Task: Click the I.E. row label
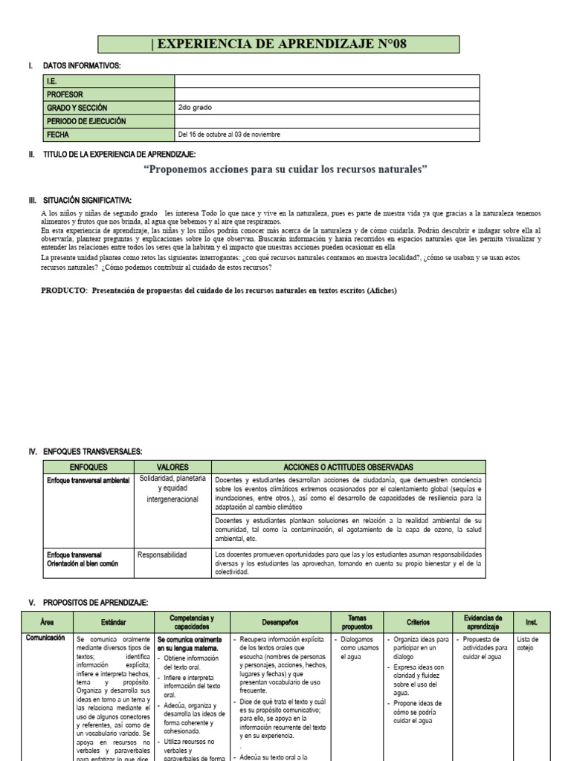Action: click(x=52, y=81)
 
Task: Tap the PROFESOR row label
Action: click(x=65, y=94)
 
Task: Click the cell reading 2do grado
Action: click(x=195, y=108)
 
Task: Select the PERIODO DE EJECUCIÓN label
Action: click(x=86, y=121)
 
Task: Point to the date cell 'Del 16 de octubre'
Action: click(x=229, y=135)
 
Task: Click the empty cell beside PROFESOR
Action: click(x=327, y=94)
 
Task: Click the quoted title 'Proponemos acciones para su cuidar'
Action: click(x=285, y=170)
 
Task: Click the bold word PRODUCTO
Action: click(x=64, y=291)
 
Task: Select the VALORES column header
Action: click(x=173, y=467)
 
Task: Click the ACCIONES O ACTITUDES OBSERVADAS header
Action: click(x=348, y=467)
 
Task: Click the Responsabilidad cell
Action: click(x=163, y=554)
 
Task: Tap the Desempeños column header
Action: click(x=279, y=621)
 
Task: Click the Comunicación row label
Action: click(x=45, y=638)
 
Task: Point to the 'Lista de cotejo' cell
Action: click(x=528, y=643)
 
